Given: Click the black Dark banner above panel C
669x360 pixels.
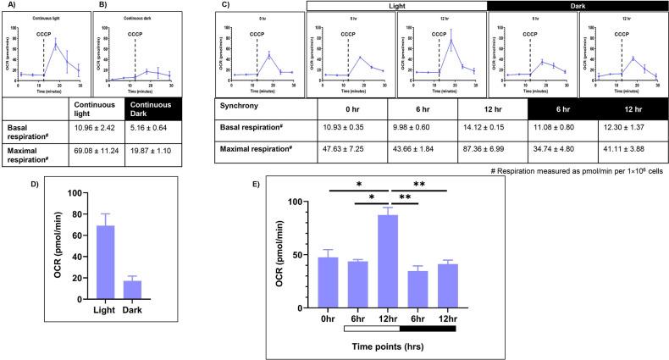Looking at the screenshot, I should coord(577,5).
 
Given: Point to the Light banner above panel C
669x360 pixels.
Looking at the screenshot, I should coord(396,5).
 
